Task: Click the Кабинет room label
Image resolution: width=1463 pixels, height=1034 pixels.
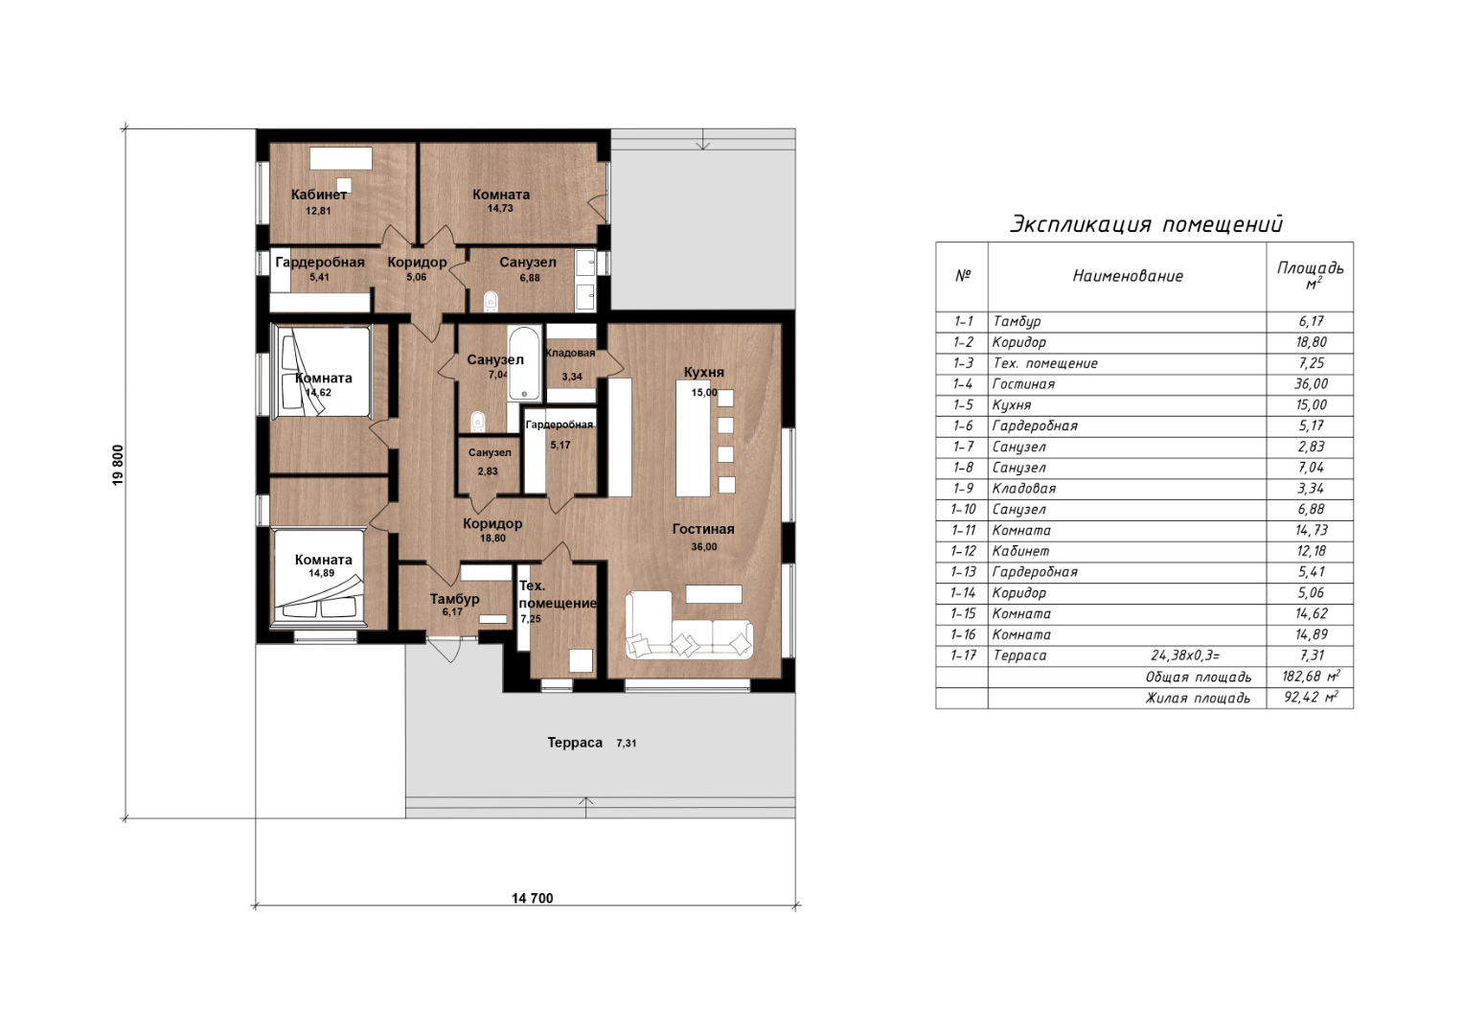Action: pyautogui.click(x=319, y=195)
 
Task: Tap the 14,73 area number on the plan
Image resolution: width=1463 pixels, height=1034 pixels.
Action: pyautogui.click(x=500, y=209)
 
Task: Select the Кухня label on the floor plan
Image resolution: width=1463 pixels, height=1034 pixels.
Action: pyautogui.click(x=703, y=373)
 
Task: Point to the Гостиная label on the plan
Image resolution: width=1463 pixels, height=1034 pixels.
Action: pyautogui.click(x=703, y=529)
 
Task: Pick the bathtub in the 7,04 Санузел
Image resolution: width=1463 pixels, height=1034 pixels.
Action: pyautogui.click(x=524, y=363)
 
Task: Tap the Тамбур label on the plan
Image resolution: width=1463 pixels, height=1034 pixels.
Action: pyautogui.click(x=454, y=599)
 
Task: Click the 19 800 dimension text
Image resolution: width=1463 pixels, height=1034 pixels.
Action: pyautogui.click(x=118, y=466)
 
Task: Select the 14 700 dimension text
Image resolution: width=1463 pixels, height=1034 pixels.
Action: pyautogui.click(x=533, y=899)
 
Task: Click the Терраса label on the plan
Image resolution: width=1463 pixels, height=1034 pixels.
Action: pyautogui.click(x=575, y=743)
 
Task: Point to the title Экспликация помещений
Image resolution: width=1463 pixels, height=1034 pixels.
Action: pyautogui.click(x=1147, y=224)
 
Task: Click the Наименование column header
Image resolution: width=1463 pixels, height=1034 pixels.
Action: pyautogui.click(x=1128, y=276)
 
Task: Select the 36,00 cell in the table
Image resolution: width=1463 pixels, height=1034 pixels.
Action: pyautogui.click(x=1312, y=384)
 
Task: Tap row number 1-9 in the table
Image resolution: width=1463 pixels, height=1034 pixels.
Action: pyautogui.click(x=963, y=489)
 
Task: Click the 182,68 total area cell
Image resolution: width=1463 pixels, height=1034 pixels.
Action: pyautogui.click(x=1311, y=676)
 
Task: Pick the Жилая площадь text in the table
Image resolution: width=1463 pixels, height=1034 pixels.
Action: pyautogui.click(x=1198, y=699)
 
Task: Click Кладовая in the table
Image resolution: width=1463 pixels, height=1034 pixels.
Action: pyautogui.click(x=1024, y=489)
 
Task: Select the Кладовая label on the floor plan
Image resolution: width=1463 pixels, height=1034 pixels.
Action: pyautogui.click(x=570, y=354)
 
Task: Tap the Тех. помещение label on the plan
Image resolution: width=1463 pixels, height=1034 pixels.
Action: pyautogui.click(x=557, y=594)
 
